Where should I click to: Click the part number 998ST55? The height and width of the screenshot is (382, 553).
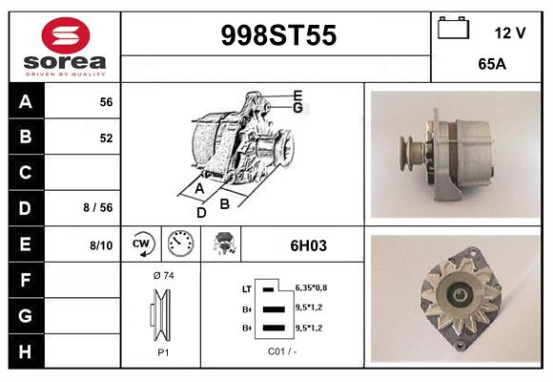point(277,36)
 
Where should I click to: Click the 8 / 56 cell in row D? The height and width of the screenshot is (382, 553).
point(98,207)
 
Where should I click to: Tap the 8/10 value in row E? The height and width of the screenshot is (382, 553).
point(100,245)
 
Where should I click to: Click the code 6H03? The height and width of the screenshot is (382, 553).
point(308,245)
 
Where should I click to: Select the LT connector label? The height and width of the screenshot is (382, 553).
point(246,287)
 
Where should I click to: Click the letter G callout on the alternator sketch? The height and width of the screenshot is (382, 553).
point(297,108)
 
